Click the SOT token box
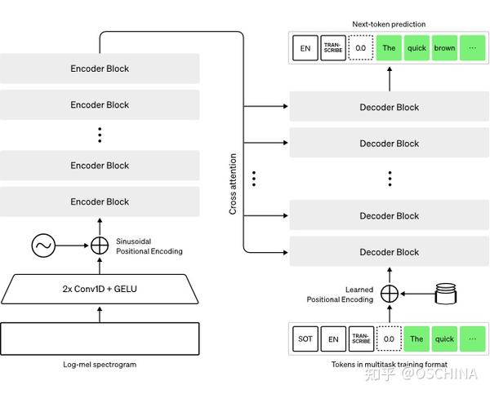[x=304, y=338]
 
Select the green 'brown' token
[x=444, y=48]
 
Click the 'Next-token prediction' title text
[x=389, y=24]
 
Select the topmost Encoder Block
[x=100, y=69]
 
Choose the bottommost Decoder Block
[x=390, y=252]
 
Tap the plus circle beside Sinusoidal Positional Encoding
[x=100, y=245]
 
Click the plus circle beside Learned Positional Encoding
[x=390, y=293]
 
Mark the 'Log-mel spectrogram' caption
[x=100, y=364]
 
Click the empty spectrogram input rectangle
[x=100, y=336]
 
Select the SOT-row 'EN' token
[x=332, y=338]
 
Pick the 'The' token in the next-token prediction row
[x=389, y=48]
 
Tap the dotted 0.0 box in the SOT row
[x=388, y=338]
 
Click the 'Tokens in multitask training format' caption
[x=389, y=364]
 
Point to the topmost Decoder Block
[x=390, y=107]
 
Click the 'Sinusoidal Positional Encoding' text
[x=149, y=246]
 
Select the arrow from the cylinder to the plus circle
[x=416, y=293]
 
